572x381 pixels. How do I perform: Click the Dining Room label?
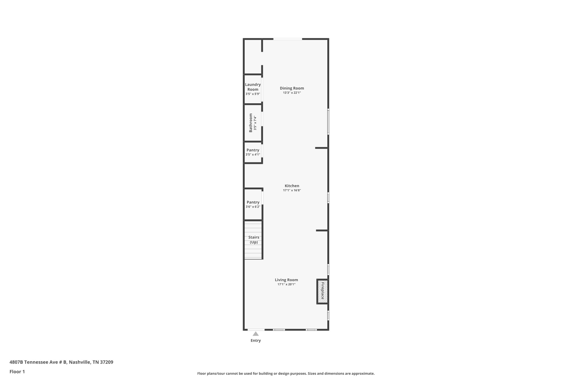292,88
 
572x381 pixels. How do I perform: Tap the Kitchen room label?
292,186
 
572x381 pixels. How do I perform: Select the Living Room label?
286,280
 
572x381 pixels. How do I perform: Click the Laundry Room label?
253,87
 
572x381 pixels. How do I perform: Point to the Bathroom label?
251,123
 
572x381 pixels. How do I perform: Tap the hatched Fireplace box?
323,291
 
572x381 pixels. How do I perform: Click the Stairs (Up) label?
254,239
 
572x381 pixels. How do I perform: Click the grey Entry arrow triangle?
256,334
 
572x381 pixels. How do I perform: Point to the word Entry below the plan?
256,341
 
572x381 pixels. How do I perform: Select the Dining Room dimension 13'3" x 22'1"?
292,93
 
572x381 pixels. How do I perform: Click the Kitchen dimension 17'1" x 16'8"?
292,190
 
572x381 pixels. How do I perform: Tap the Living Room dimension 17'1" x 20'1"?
286,284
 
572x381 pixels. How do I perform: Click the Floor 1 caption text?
17,372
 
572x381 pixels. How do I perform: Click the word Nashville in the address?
80,362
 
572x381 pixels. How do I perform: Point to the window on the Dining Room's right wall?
328,122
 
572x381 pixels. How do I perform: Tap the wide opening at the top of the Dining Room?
288,39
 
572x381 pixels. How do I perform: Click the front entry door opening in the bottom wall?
256,330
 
